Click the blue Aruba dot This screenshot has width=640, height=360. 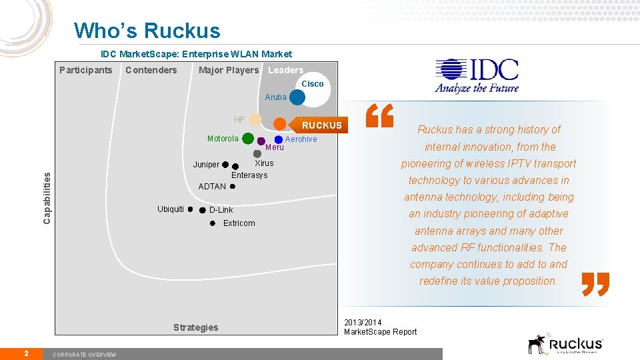(x=297, y=97)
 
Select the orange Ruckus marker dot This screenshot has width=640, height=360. (x=280, y=124)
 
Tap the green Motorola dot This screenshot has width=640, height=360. (x=248, y=139)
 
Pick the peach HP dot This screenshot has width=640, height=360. (x=255, y=120)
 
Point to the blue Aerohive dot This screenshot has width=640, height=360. (x=279, y=139)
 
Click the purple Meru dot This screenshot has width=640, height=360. (x=261, y=141)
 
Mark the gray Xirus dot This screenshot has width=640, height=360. (x=257, y=153)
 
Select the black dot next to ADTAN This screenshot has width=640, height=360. (x=233, y=187)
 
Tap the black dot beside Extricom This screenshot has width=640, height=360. (x=212, y=223)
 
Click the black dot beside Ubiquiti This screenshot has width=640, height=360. (x=190, y=209)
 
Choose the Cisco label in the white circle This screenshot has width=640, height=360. (x=313, y=84)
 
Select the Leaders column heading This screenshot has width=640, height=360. (x=285, y=70)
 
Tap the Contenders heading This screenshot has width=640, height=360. (x=151, y=70)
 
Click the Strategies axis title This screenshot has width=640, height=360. (x=195, y=327)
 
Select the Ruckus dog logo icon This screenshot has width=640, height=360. (x=537, y=344)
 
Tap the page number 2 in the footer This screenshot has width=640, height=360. (x=25, y=353)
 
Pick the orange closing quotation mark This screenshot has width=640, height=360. (x=595, y=283)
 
